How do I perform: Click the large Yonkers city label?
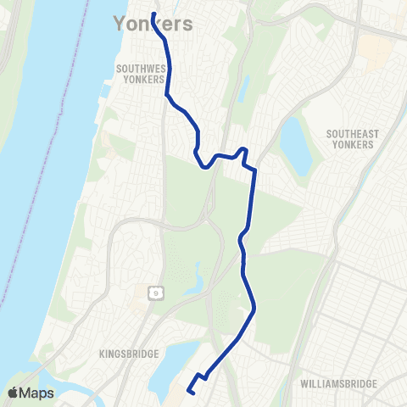(153, 25)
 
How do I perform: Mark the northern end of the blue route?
(153, 14)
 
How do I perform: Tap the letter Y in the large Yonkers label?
(120, 25)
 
